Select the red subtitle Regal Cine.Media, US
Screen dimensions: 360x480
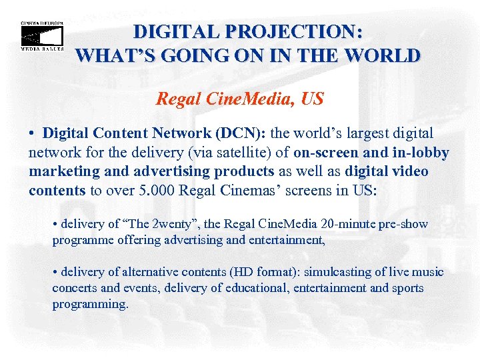pos(240,99)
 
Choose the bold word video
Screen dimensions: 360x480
pos(407,171)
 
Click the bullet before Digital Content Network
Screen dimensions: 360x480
pos(32,134)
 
